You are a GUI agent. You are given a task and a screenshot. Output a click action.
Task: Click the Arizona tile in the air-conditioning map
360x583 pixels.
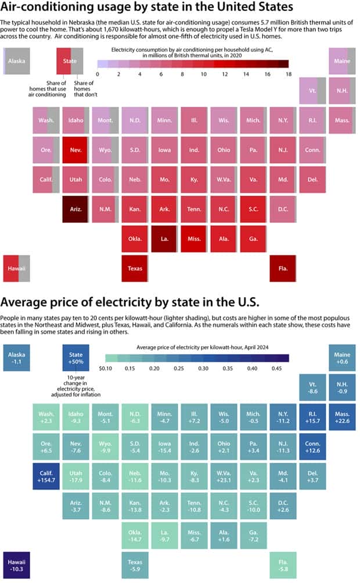pyautogui.click(x=75, y=210)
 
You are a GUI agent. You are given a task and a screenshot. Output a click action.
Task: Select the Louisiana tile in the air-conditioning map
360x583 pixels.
pyautogui.click(x=164, y=239)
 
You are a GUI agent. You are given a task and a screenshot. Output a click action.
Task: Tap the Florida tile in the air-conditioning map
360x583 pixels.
pyautogui.click(x=283, y=269)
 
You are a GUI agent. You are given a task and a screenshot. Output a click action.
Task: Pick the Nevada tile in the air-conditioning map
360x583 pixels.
pyautogui.click(x=75, y=150)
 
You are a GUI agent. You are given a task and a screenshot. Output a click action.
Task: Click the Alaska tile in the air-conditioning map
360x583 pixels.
pyautogui.click(x=16, y=60)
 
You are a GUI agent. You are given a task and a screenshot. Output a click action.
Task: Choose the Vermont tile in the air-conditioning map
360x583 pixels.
pyautogui.click(x=312, y=91)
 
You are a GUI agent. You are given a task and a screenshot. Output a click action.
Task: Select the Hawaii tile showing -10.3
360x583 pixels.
pyautogui.click(x=16, y=566)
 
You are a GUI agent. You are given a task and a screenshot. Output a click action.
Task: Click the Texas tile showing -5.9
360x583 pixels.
pyautogui.click(x=135, y=566)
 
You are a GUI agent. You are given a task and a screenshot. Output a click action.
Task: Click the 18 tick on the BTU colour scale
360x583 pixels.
pyautogui.click(x=288, y=74)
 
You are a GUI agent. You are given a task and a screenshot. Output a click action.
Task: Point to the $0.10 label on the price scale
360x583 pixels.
pyautogui.click(x=105, y=368)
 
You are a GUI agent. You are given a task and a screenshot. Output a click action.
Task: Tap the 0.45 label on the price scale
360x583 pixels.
pyautogui.click(x=276, y=368)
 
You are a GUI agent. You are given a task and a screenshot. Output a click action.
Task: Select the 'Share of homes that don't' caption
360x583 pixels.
pyautogui.click(x=84, y=91)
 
